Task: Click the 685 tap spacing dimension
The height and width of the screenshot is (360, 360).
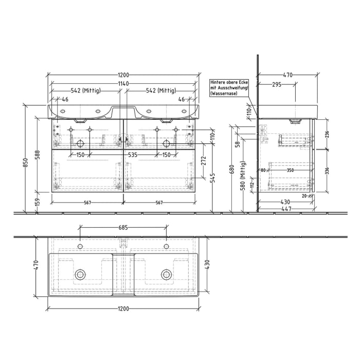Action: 123,227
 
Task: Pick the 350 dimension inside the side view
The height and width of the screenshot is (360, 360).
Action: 291,170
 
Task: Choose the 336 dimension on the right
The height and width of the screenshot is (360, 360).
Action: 327,171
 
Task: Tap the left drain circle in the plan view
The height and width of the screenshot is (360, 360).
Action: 80,274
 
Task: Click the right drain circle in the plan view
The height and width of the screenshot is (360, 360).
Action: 166,274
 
